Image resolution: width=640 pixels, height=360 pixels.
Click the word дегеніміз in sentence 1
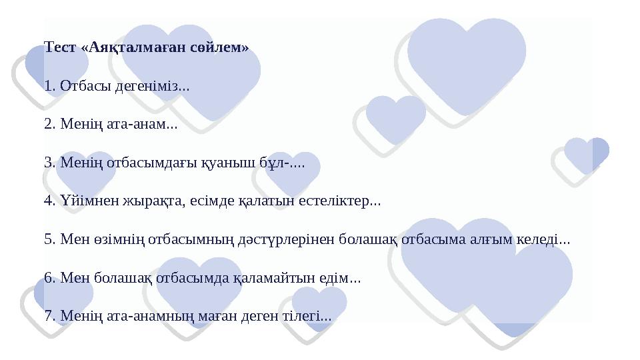(147, 86)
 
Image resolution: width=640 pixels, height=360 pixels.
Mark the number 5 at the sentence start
(47, 238)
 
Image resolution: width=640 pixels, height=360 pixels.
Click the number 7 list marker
(47, 314)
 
